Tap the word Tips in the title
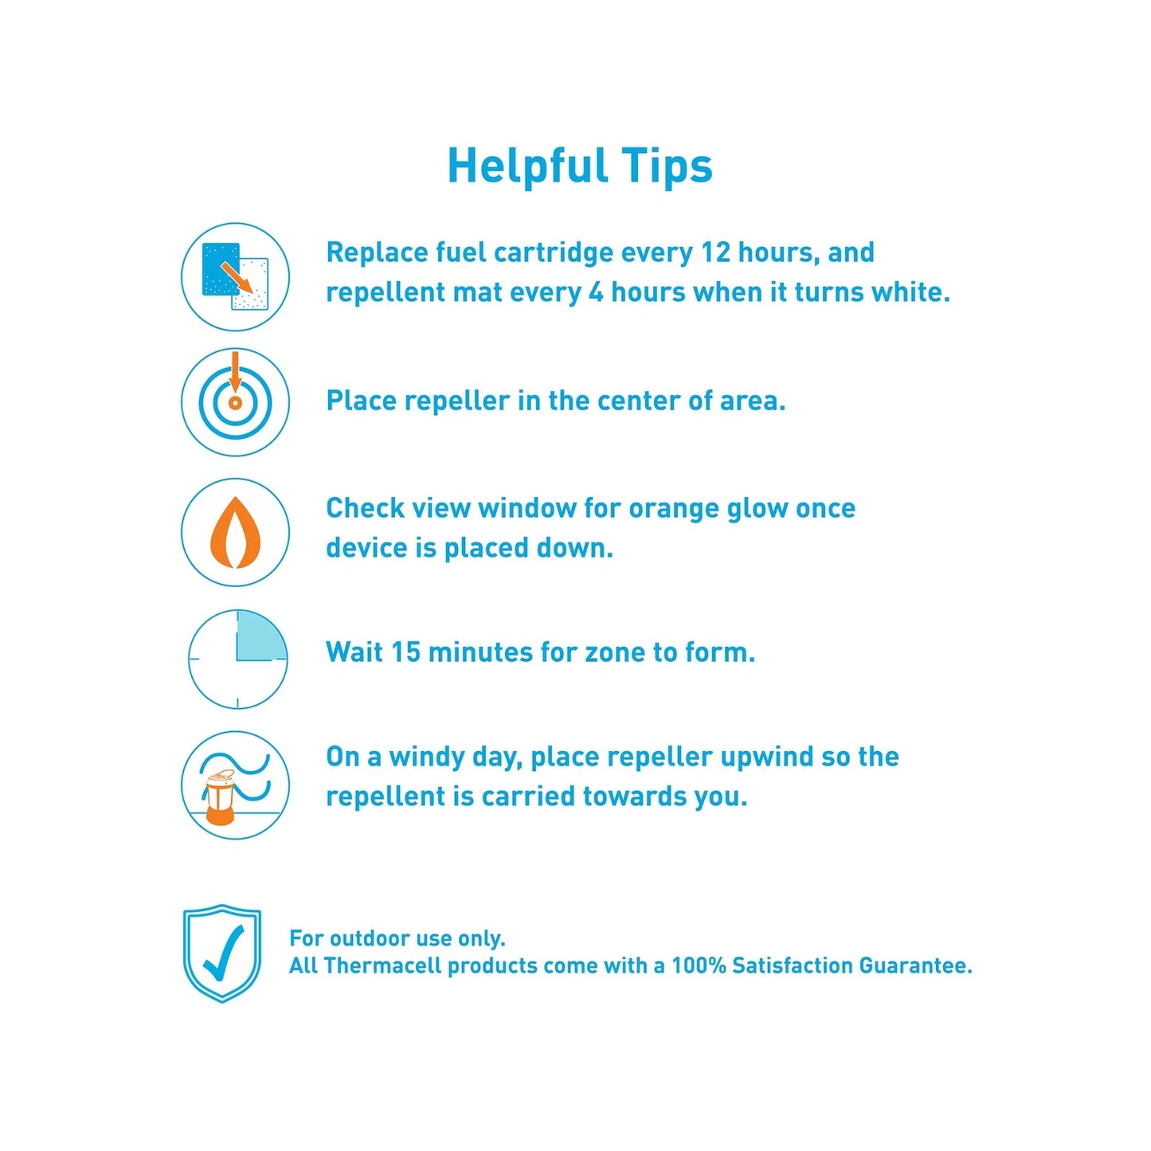click(x=667, y=166)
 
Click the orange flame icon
click(x=235, y=532)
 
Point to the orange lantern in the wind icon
click(x=219, y=798)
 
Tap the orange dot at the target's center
click(x=235, y=403)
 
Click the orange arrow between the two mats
click(x=236, y=278)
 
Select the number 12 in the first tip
click(x=715, y=253)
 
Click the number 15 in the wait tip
click(x=405, y=652)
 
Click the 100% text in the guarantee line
click(x=698, y=966)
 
